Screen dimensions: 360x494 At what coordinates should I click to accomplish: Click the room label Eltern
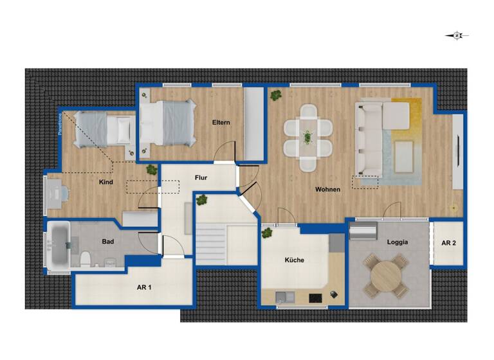coord(221,122)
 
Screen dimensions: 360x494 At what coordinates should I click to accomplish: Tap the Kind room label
coord(106,182)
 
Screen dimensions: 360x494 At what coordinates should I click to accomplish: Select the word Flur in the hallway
coord(201,177)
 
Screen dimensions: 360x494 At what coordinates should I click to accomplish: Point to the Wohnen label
coord(327,189)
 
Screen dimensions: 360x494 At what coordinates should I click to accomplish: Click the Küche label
coord(295,260)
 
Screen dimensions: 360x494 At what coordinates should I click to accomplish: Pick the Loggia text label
coord(398,243)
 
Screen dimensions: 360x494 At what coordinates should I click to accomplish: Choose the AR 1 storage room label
coord(144,287)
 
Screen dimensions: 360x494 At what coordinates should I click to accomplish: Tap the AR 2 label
coord(448,243)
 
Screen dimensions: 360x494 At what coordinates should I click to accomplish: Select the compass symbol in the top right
coord(457,36)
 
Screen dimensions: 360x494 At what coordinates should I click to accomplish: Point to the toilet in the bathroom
coord(85,260)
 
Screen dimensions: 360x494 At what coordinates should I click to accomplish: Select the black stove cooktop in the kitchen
coord(315,297)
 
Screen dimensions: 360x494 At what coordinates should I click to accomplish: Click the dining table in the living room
coord(307,137)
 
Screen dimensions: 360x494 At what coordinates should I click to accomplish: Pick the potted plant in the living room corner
coord(276,95)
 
